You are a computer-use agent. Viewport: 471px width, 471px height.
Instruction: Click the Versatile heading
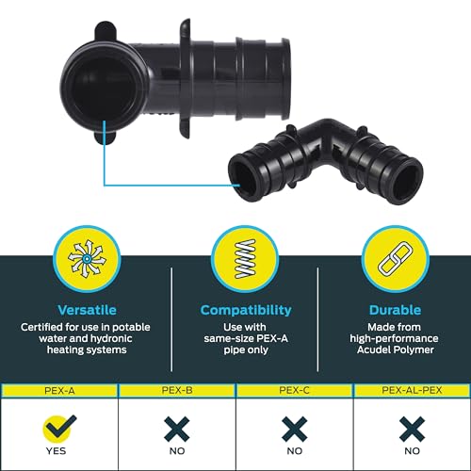click(87, 310)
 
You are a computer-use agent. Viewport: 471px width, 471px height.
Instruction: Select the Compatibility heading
click(246, 311)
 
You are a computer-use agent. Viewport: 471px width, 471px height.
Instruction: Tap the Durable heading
click(395, 310)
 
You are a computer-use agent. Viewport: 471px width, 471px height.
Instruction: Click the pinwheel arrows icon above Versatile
click(87, 259)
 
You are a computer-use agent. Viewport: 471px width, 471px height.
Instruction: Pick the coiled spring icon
click(246, 259)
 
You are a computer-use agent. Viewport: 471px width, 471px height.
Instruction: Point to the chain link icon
click(396, 259)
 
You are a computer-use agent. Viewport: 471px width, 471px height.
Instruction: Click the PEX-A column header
click(59, 391)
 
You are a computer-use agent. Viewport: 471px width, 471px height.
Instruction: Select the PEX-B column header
click(177, 390)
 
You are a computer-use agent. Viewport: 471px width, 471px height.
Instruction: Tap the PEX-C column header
click(294, 390)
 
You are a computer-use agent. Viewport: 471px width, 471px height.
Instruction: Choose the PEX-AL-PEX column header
click(412, 390)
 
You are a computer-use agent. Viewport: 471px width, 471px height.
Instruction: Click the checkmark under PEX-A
click(59, 427)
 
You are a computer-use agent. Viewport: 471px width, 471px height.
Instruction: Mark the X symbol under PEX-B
click(177, 429)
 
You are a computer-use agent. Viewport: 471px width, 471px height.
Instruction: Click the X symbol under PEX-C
click(294, 429)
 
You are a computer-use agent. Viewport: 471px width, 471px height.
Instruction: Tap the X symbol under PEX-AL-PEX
click(412, 429)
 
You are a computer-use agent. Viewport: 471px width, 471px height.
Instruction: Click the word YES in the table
click(57, 451)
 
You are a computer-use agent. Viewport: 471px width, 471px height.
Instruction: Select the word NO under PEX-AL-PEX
click(412, 451)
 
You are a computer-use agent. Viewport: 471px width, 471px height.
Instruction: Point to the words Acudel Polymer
click(396, 349)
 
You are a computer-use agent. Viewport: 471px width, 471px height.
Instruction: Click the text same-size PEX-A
click(246, 338)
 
